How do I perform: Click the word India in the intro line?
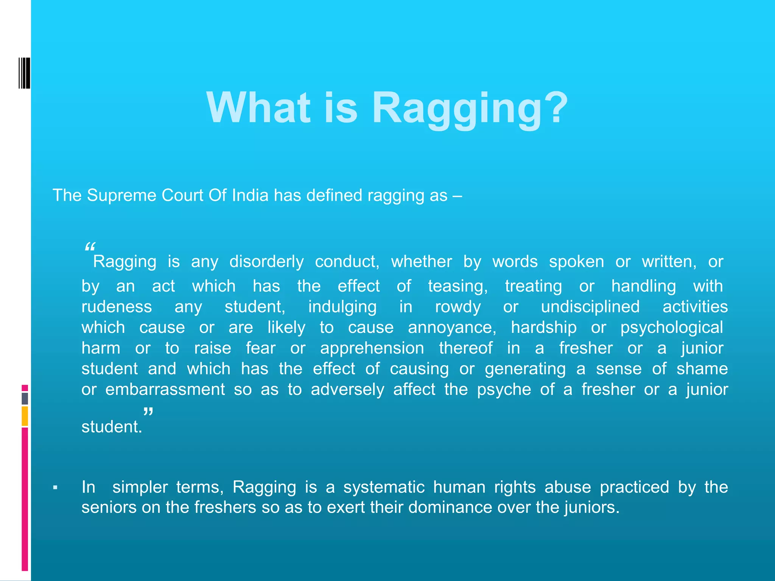[250, 196]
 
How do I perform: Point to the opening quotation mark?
[90, 247]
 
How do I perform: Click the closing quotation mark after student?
[148, 412]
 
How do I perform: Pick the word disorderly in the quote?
[266, 262]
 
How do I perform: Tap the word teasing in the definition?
[458, 286]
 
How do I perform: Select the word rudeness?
[117, 307]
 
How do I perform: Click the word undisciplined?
[590, 307]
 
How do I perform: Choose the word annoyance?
[452, 328]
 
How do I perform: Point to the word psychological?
[672, 328]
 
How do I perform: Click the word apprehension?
[372, 348]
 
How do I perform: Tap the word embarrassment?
[165, 390]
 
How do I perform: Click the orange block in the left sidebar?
[25, 416]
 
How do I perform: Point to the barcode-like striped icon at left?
[24, 73]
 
